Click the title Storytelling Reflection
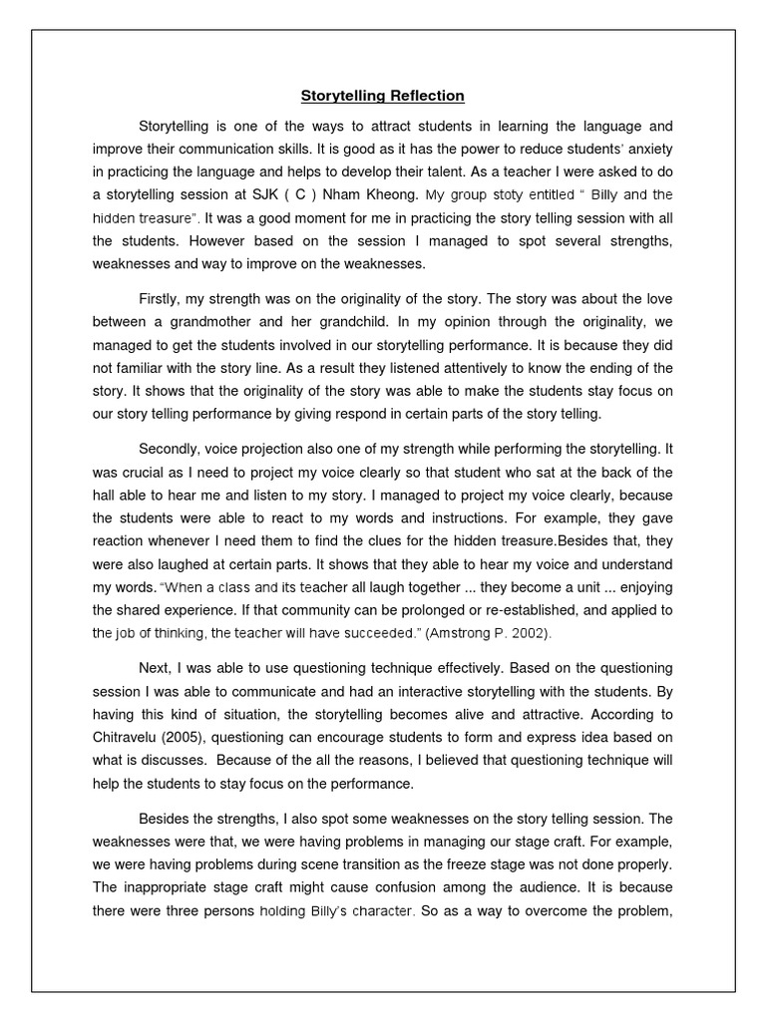click(383, 97)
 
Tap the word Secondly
click(172, 450)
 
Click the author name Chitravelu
click(128, 737)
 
